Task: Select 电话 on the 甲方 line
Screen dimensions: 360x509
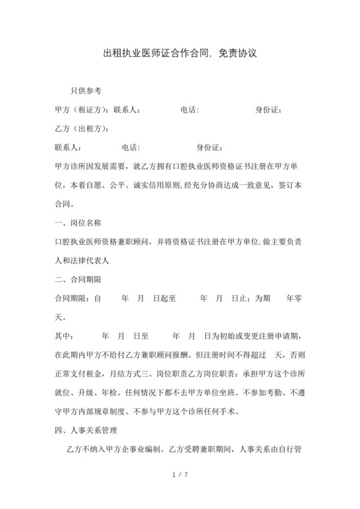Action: pyautogui.click(x=189, y=110)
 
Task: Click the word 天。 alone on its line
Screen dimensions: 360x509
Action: pyautogui.click(x=61, y=317)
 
